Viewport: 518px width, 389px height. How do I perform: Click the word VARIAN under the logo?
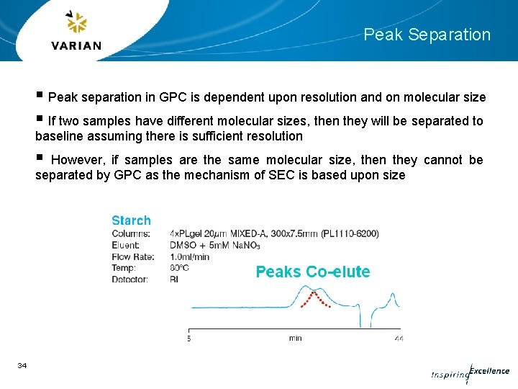pos(77,45)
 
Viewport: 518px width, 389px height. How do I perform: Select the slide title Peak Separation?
pos(427,35)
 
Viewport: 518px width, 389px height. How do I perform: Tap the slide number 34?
pos(22,366)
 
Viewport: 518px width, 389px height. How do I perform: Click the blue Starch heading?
pos(131,220)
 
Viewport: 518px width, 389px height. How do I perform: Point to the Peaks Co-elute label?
pos(313,272)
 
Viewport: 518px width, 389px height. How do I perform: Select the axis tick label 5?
pos(189,337)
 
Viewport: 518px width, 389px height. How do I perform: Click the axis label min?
pos(295,337)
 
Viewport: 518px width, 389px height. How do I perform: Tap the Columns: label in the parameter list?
pos(131,233)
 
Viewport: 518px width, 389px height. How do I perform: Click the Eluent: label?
pos(128,245)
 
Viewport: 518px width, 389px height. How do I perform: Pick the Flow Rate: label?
pos(133,256)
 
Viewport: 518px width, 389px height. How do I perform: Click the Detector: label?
pos(130,280)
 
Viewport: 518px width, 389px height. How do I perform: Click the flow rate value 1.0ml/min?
pos(190,256)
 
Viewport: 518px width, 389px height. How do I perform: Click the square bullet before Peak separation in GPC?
pos(39,96)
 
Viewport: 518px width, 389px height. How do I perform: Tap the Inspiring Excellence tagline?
pos(470,372)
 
